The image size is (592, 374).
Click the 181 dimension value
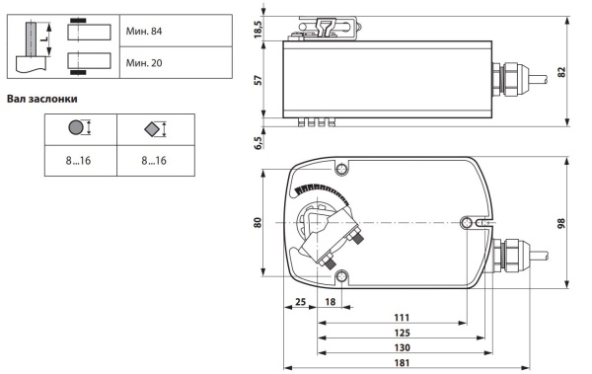(402, 363)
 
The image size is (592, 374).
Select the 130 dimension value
(402, 347)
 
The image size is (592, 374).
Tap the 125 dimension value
(402, 333)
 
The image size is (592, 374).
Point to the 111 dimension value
(402, 318)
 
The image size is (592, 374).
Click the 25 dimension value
(300, 302)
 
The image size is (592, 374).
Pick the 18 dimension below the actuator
(330, 302)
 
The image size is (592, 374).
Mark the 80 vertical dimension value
(258, 222)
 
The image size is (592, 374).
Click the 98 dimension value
(561, 223)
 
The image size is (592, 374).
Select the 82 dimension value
(561, 72)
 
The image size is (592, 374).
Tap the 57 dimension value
(258, 80)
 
